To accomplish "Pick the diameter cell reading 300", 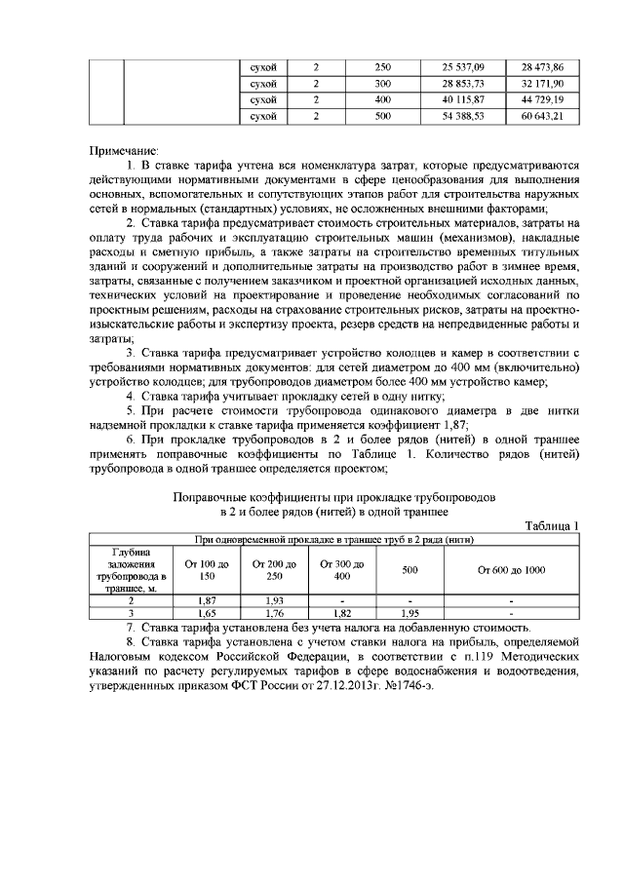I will click(x=382, y=84).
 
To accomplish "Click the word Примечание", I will click(x=123, y=152).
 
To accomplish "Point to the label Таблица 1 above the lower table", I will click(x=552, y=526).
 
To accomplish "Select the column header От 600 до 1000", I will click(x=511, y=570).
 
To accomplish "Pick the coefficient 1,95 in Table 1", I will click(x=411, y=615).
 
